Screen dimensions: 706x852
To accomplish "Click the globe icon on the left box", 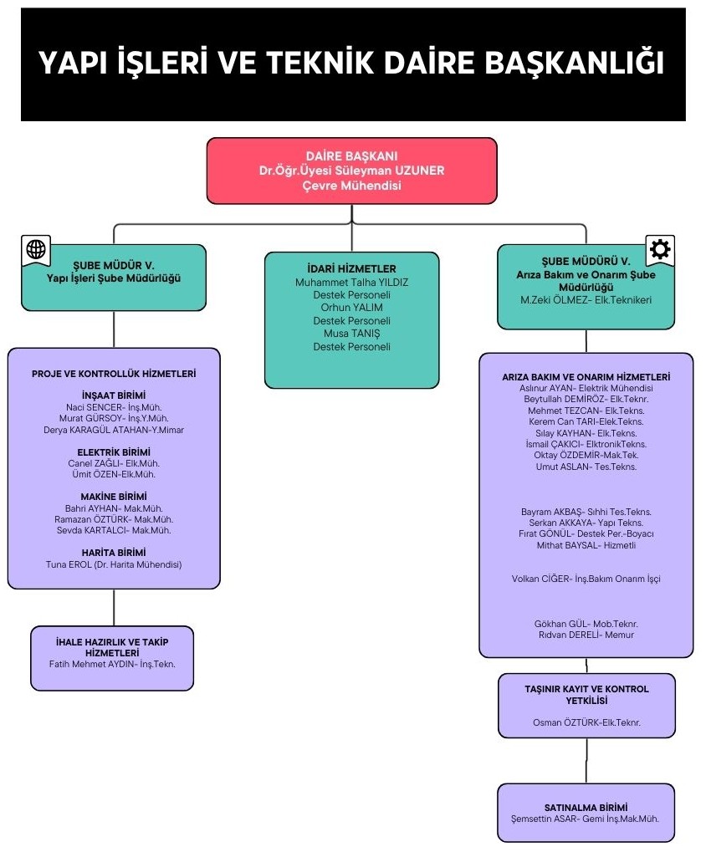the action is tap(36, 249).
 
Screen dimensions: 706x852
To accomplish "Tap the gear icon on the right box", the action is tap(660, 249).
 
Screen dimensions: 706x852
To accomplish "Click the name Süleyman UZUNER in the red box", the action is tap(389, 171).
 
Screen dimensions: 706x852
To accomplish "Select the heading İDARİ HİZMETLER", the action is tap(351, 268).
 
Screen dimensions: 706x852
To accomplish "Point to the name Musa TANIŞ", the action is tap(351, 334).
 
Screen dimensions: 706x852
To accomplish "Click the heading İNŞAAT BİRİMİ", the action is tap(114, 395).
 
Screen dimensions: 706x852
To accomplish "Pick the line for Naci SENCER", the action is tap(114, 407).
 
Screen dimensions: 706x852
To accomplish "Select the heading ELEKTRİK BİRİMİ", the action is tap(114, 452).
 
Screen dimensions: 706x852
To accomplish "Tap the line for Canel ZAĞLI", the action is tap(114, 463).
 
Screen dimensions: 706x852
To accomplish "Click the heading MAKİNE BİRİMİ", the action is tap(114, 497).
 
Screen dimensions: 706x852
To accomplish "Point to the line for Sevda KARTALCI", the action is tap(114, 530).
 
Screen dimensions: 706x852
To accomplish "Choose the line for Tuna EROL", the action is tap(114, 564).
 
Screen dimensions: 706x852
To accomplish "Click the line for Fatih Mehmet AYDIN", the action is tap(112, 664).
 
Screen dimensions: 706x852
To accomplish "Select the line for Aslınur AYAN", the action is tap(586, 389).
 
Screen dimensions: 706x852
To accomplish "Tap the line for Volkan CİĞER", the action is tap(586, 579).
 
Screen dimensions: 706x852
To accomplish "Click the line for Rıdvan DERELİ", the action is tap(586, 635).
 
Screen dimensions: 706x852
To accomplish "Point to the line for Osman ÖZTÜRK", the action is tap(586, 722).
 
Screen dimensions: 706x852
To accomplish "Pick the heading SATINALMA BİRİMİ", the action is tap(586, 808).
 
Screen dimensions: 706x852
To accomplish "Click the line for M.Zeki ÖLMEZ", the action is tap(586, 300).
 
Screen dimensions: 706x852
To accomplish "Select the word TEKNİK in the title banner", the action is tap(320, 63).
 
